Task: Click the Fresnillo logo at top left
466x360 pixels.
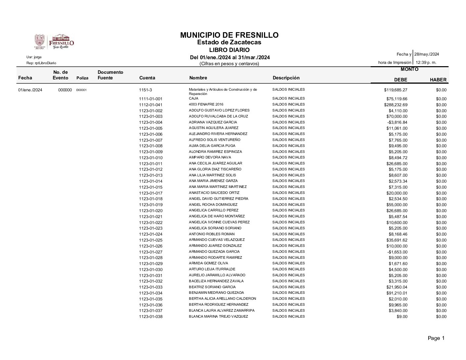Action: (x=54, y=42)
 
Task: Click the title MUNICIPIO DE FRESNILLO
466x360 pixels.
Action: (x=229, y=35)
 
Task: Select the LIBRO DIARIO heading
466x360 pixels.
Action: (x=229, y=50)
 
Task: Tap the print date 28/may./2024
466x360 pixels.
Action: (x=427, y=54)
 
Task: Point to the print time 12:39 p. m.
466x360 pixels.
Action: (x=426, y=62)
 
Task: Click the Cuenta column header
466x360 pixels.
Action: (x=147, y=78)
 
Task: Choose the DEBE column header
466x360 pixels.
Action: (x=400, y=80)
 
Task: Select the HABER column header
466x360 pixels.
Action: (x=438, y=80)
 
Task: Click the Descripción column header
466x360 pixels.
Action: (x=286, y=78)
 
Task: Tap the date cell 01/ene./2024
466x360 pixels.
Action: (x=30, y=90)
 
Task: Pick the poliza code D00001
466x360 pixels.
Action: (x=81, y=90)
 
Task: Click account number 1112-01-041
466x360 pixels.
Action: (x=151, y=105)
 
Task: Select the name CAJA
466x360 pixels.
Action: (x=194, y=99)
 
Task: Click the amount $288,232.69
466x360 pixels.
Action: (x=396, y=105)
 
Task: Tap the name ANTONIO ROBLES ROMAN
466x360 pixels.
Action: (x=211, y=234)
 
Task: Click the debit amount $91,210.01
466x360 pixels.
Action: (x=397, y=293)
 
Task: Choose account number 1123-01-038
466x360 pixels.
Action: (x=151, y=317)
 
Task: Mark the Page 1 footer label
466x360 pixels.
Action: (x=436, y=338)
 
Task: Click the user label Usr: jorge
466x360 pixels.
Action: (x=34, y=57)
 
